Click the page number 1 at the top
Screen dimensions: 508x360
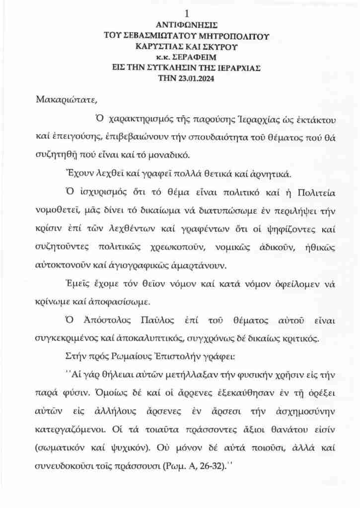(x=186, y=13)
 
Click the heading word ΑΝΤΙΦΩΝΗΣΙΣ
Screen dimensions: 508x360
(x=186, y=24)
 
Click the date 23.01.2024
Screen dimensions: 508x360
(x=197, y=77)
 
